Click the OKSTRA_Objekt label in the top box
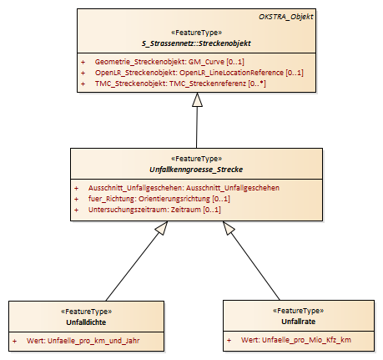coord(286,17)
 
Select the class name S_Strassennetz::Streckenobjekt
coord(196,43)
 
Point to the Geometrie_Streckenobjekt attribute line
coord(169,62)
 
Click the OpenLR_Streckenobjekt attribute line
coord(199,73)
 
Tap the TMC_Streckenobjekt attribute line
coord(180,84)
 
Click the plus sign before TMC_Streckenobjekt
coord(83,84)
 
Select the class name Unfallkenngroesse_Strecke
coord(196,170)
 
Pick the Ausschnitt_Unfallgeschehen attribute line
coord(184,188)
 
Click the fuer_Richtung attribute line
coord(159,199)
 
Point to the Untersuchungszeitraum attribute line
coord(154,210)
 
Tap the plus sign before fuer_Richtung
coord(76,199)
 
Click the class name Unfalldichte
coord(86,322)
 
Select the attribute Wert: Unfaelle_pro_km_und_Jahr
coord(83,341)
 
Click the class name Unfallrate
coord(299,322)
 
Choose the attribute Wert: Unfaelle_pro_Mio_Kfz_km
coord(296,340)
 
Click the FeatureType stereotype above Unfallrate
coord(299,311)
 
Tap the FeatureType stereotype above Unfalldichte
coord(86,312)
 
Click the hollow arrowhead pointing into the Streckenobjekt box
coord(197,99)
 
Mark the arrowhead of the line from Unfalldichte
coord(162,228)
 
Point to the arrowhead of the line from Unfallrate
coord(229,228)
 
